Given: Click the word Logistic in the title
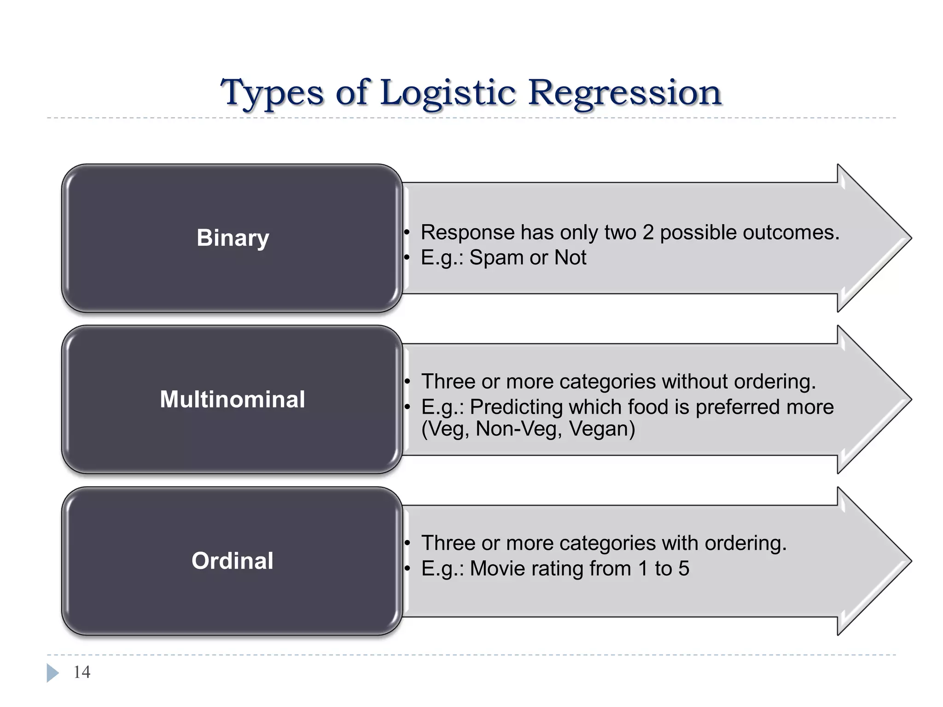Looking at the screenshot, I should pyautogui.click(x=448, y=93).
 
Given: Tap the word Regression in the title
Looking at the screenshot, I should pyautogui.click(x=624, y=93).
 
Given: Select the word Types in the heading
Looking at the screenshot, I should pyautogui.click(x=272, y=93).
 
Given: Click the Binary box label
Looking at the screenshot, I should pyautogui.click(x=233, y=238).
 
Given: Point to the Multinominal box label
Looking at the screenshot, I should pyautogui.click(x=233, y=399).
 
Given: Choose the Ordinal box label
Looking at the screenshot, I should pyautogui.click(x=233, y=561).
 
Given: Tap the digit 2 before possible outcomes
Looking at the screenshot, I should pyautogui.click(x=648, y=232).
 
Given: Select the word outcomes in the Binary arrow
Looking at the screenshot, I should pyautogui.click(x=792, y=232).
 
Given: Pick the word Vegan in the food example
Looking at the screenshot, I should pyautogui.click(x=601, y=429).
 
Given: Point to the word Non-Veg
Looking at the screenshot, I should pyautogui.click(x=518, y=429).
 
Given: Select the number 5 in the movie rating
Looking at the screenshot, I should pyautogui.click(x=683, y=568).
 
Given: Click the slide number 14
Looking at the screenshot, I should pyautogui.click(x=82, y=672).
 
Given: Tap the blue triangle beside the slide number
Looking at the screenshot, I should pyautogui.click(x=52, y=672).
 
